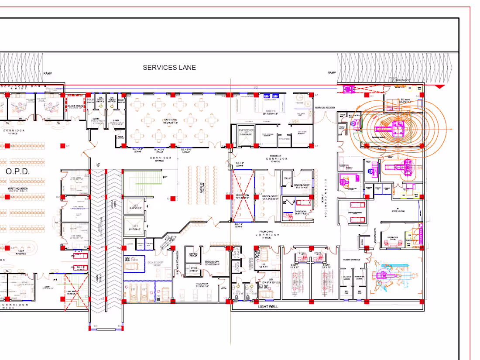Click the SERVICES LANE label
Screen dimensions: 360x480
tap(169, 68)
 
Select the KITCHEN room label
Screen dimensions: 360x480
tap(271, 111)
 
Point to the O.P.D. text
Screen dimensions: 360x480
tap(17, 172)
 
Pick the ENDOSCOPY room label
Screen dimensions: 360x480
tap(214, 262)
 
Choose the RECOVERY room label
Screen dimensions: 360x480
tap(202, 284)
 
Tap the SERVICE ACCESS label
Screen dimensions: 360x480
tap(325, 107)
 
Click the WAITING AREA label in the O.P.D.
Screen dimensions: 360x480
tap(17, 189)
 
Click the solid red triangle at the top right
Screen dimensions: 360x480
tap(440, 87)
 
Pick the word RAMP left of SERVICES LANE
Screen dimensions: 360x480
tap(48, 73)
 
